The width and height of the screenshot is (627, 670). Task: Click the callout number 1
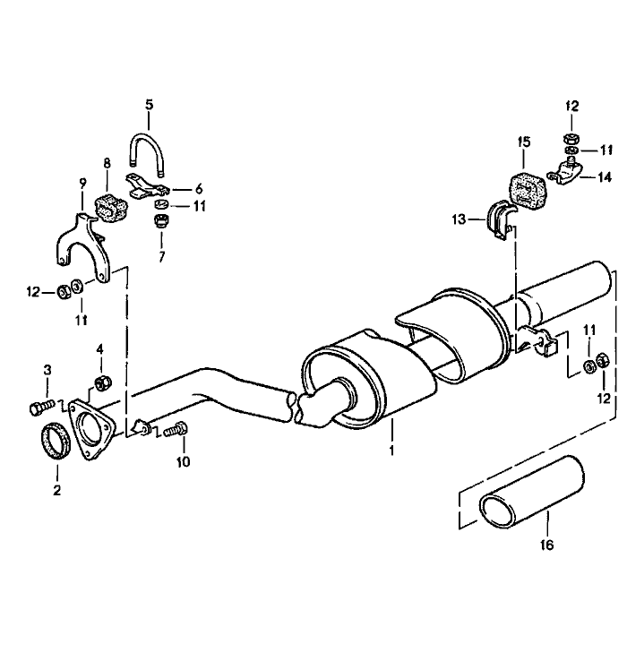(x=391, y=448)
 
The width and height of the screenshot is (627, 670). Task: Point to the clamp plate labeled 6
(x=147, y=188)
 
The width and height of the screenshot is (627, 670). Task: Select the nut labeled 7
(x=162, y=221)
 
